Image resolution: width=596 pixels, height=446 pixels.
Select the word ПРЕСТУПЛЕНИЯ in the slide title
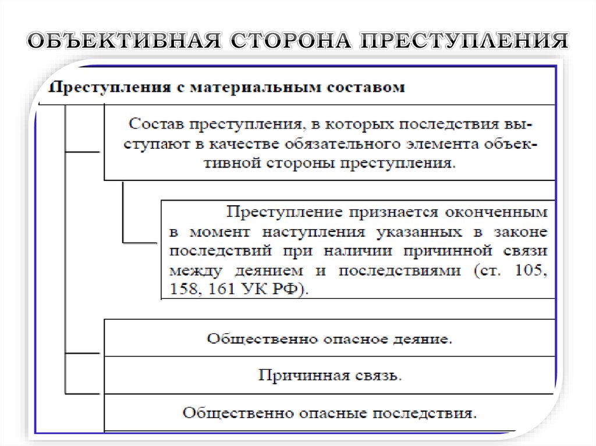click(x=466, y=42)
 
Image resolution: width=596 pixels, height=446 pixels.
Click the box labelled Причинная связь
click(x=329, y=375)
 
